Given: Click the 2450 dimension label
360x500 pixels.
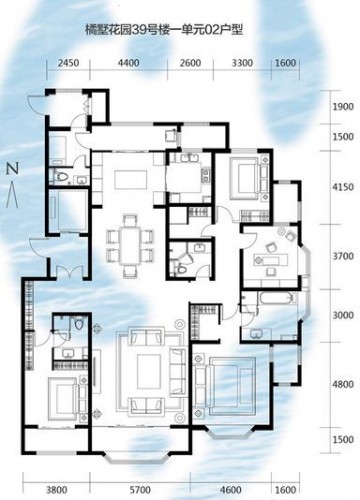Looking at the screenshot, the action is click(68, 63).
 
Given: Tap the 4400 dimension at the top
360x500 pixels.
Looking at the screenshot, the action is click(129, 63).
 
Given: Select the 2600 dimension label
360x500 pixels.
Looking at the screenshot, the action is click(190, 63).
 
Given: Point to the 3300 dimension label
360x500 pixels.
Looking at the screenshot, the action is click(242, 63).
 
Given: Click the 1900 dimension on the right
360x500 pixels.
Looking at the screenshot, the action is click(343, 107).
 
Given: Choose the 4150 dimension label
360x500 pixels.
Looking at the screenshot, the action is click(343, 187).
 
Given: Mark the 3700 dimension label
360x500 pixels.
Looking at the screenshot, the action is click(343, 256).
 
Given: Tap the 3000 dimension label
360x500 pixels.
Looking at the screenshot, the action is click(343, 315).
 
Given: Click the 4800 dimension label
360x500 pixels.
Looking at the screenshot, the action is click(343, 384).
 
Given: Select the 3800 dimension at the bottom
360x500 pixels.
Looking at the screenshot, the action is click(56, 490).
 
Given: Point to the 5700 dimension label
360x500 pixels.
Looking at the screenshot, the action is click(140, 490).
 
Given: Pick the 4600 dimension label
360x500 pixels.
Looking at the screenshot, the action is click(231, 490).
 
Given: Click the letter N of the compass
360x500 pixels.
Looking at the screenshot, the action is click(13, 169).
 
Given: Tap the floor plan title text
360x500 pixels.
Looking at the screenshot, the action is click(164, 30).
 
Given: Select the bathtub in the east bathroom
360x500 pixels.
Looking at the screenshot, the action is click(278, 298).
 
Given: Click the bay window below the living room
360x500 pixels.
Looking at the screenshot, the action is click(139, 459).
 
